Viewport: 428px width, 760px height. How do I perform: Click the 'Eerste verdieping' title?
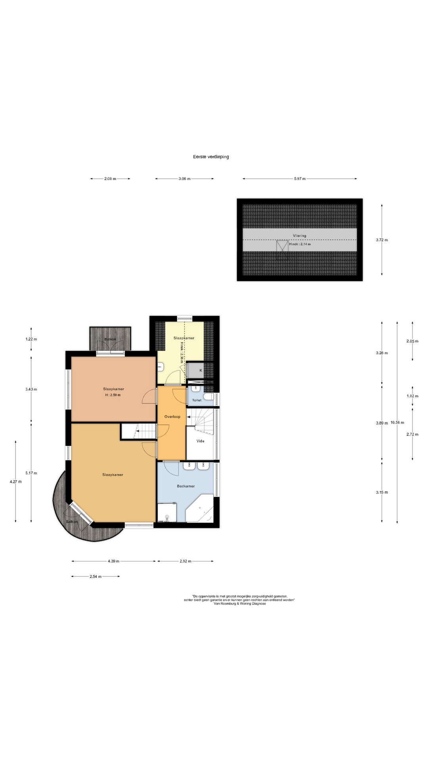[x=211, y=157]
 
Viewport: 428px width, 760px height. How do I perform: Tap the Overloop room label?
[x=172, y=416]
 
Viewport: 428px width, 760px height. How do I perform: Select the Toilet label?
[x=197, y=400]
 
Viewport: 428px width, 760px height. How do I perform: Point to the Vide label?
[x=201, y=441]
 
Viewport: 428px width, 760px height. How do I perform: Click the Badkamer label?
[x=186, y=486]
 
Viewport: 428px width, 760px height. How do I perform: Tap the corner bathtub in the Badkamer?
[x=200, y=508]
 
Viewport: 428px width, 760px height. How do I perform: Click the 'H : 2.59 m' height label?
[x=113, y=395]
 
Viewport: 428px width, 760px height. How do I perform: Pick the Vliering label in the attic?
[x=300, y=236]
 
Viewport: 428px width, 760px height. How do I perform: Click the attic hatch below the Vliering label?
[x=283, y=246]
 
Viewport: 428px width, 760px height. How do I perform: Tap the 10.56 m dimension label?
[x=397, y=422]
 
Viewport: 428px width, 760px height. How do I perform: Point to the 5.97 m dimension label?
[x=300, y=179]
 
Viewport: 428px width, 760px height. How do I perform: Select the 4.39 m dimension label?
[x=113, y=561]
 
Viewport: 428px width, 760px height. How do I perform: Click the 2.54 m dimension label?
[x=96, y=576]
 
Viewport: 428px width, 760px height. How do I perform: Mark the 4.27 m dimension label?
[x=15, y=482]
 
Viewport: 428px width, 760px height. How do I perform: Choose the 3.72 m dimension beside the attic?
[x=382, y=240]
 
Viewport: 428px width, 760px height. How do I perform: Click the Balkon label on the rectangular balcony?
[x=110, y=339]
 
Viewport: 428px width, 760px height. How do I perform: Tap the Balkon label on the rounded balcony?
[x=72, y=522]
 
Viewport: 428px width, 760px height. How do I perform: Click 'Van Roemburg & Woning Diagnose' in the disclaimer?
[x=240, y=604]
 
